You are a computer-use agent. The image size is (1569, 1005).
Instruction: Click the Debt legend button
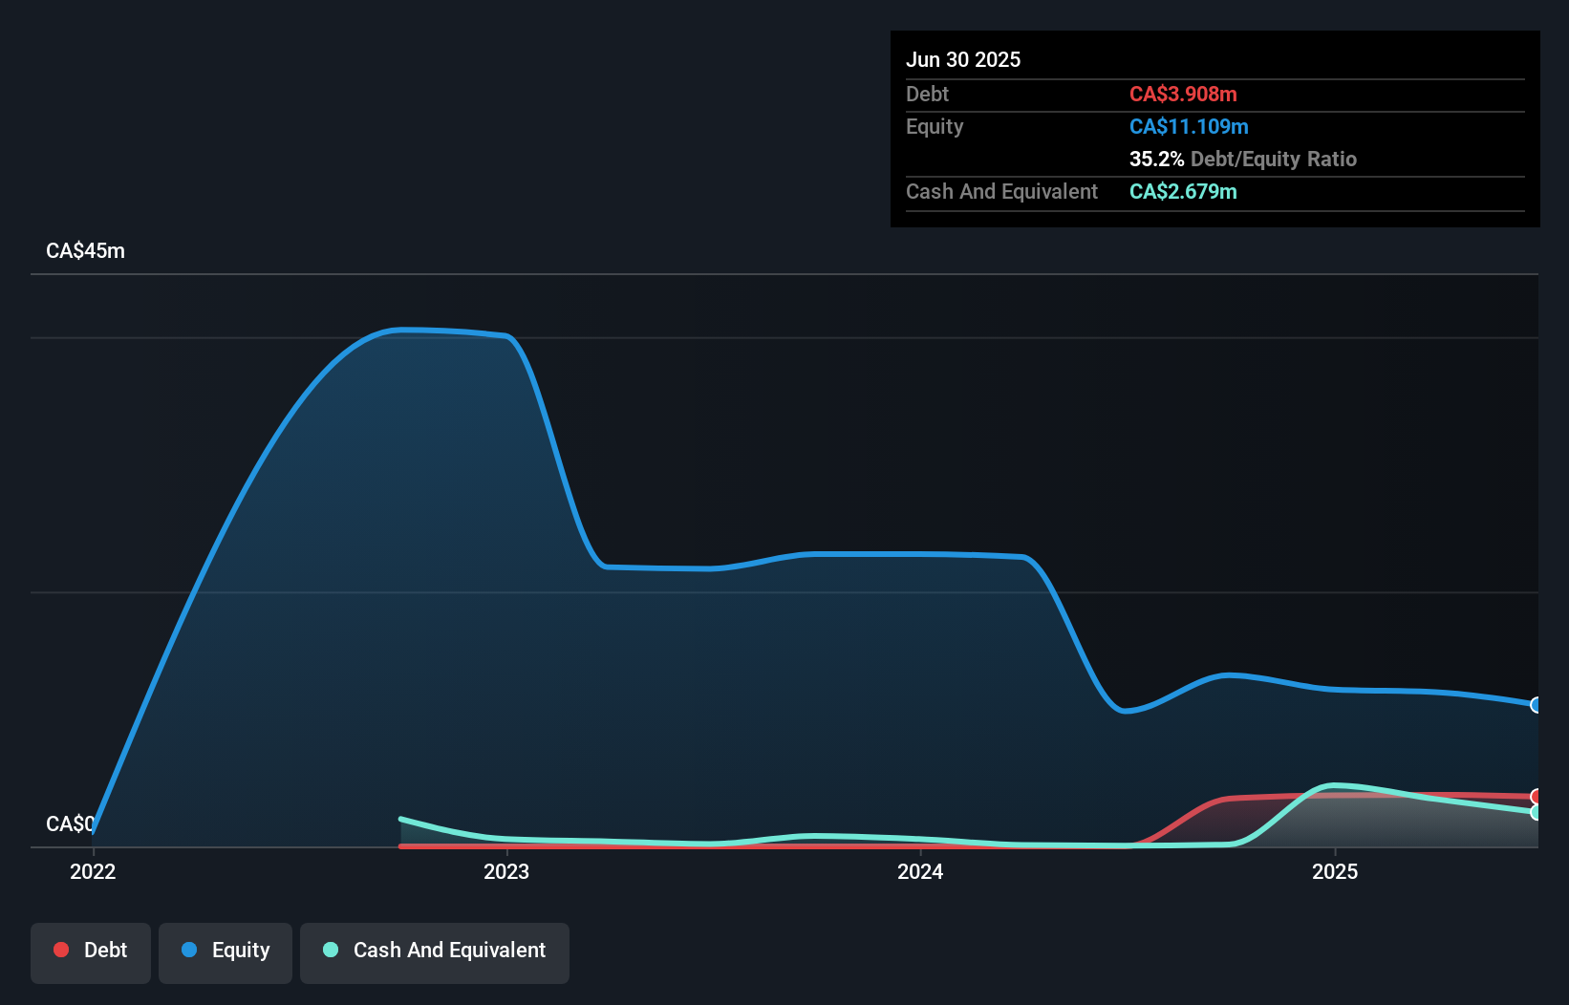pyautogui.click(x=91, y=952)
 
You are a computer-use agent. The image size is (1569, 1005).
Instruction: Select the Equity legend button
pyautogui.click(x=226, y=952)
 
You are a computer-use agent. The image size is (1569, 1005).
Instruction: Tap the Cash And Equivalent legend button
pyautogui.click(x=435, y=952)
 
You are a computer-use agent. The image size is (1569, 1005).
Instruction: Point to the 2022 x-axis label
pyautogui.click(x=93, y=871)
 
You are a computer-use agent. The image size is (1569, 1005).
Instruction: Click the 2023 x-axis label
pyautogui.click(x=506, y=871)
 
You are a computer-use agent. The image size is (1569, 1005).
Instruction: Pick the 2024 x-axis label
pyautogui.click(x=920, y=871)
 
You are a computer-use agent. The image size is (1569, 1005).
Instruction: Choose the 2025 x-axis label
pyautogui.click(x=1335, y=871)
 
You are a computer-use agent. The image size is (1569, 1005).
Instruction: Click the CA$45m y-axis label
pyautogui.click(x=85, y=250)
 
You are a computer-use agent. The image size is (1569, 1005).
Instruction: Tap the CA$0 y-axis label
pyautogui.click(x=70, y=823)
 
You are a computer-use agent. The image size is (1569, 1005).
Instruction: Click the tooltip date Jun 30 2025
pyautogui.click(x=963, y=59)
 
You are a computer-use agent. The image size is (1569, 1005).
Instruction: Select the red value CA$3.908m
pyautogui.click(x=1183, y=94)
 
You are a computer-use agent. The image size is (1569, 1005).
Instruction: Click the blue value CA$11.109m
pyautogui.click(x=1189, y=126)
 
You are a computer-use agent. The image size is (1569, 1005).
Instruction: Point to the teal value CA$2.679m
pyautogui.click(x=1183, y=191)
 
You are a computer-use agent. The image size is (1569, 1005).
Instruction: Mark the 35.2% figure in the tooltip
pyautogui.click(x=1156, y=159)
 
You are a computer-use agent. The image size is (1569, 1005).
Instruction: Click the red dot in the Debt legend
pyautogui.click(x=61, y=950)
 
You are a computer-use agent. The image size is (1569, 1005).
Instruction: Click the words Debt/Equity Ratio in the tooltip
pyautogui.click(x=1273, y=159)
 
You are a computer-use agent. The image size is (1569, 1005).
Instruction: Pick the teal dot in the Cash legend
pyautogui.click(x=331, y=950)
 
